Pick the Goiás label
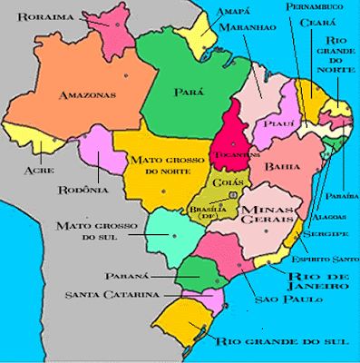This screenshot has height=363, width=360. coord(221,181)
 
